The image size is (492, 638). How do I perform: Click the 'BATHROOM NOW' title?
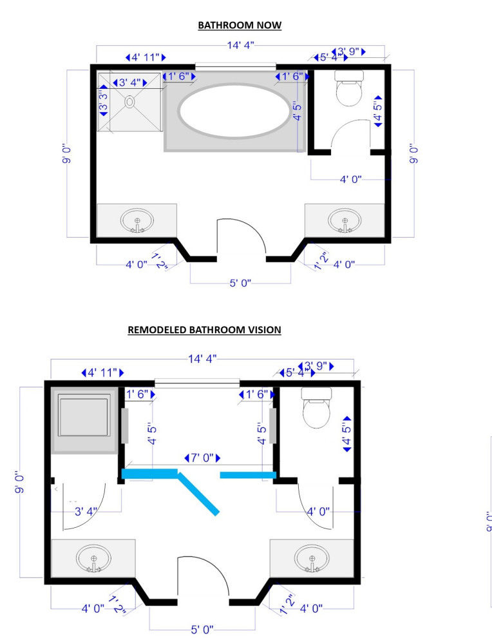(x=240, y=26)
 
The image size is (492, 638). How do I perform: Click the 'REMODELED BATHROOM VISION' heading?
(x=205, y=330)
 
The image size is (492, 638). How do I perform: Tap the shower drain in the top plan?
(x=129, y=102)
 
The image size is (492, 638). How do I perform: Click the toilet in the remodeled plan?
(x=316, y=406)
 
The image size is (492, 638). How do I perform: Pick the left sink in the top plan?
(x=137, y=220)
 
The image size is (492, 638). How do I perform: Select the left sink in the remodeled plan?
(x=93, y=557)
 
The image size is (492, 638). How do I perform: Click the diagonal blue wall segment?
(x=200, y=494)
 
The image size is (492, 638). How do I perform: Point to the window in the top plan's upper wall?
(x=236, y=65)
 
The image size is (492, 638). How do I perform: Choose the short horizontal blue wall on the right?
(x=249, y=475)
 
